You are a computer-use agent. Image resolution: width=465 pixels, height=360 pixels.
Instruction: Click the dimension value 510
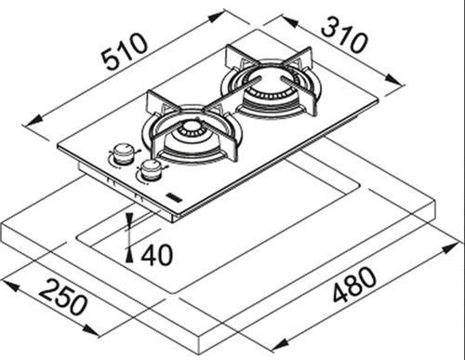(x=125, y=51)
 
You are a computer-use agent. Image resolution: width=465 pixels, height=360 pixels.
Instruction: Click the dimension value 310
(x=344, y=35)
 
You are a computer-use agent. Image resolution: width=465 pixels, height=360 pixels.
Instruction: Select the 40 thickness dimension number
(x=156, y=255)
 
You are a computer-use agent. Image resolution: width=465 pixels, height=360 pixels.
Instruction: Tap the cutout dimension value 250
(x=63, y=297)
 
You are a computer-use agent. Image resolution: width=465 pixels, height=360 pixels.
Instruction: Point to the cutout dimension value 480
(x=354, y=285)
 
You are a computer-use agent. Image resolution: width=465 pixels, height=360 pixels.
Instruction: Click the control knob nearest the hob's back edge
(x=124, y=153)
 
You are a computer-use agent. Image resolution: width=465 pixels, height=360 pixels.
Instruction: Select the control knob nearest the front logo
(x=152, y=170)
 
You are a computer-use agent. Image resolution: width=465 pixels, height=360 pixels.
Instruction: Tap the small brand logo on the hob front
(x=174, y=197)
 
